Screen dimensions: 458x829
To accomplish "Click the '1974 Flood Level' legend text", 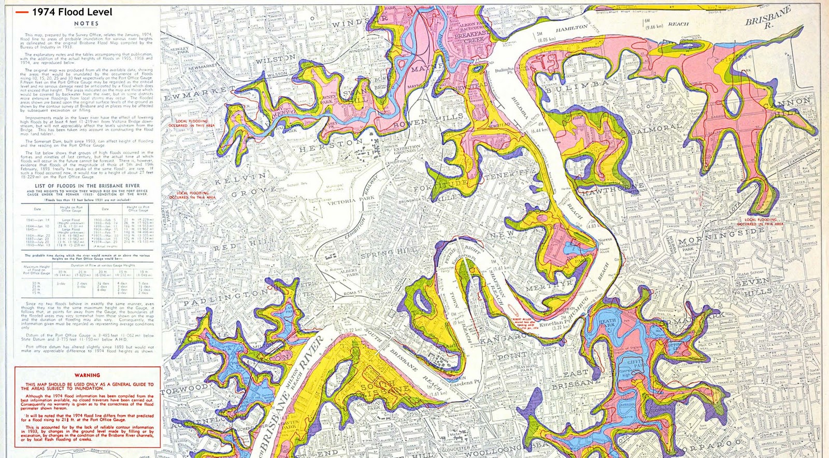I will [72, 12].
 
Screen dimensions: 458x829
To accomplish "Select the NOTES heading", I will [86, 24].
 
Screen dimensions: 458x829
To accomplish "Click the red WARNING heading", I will [87, 375].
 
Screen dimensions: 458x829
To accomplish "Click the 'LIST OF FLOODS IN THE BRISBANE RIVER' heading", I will [87, 185].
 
